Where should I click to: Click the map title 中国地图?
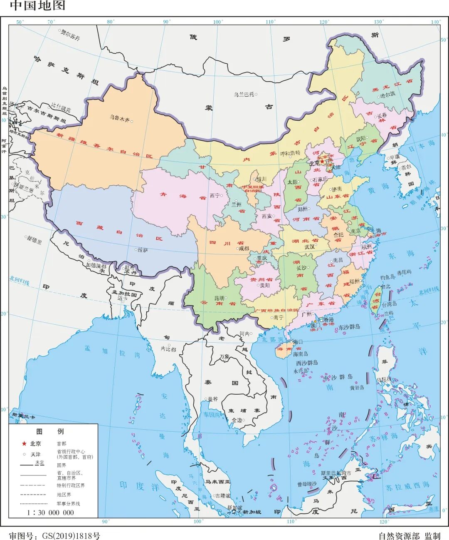click(37, 6)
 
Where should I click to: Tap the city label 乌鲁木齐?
click(120, 118)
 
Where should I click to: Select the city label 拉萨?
click(143, 250)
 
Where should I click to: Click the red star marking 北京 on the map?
click(322, 161)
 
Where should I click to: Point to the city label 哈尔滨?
click(387, 95)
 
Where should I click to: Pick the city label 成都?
click(243, 249)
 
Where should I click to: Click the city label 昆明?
click(219, 298)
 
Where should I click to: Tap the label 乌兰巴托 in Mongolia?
click(244, 95)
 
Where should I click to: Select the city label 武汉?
click(309, 247)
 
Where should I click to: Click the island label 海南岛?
click(300, 354)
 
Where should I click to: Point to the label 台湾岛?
click(390, 304)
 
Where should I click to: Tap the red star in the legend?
click(24, 443)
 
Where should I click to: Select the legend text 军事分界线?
click(68, 503)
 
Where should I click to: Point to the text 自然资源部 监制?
click(409, 536)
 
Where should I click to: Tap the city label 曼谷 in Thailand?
click(212, 398)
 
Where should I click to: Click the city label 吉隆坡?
click(222, 496)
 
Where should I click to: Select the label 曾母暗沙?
click(307, 484)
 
